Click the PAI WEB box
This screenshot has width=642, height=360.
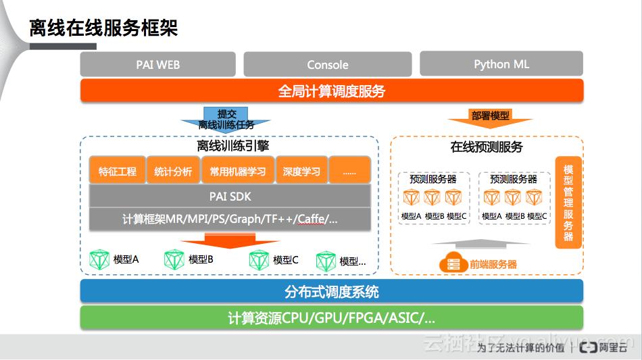157,65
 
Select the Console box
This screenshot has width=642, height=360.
328,65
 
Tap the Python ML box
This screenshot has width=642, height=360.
501,64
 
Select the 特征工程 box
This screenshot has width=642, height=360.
118,171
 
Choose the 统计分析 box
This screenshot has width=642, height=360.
173,171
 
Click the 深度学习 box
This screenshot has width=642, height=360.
301,171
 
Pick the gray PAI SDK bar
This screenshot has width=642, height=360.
230,197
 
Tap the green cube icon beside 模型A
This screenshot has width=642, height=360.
99,260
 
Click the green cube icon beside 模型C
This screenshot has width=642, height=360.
259,260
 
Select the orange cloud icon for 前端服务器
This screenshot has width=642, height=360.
449,263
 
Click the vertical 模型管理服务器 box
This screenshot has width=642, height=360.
568,203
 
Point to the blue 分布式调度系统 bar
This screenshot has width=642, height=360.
332,292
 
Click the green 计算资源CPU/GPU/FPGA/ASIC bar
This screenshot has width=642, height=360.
332,318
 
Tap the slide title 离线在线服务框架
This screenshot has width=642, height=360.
103,28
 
